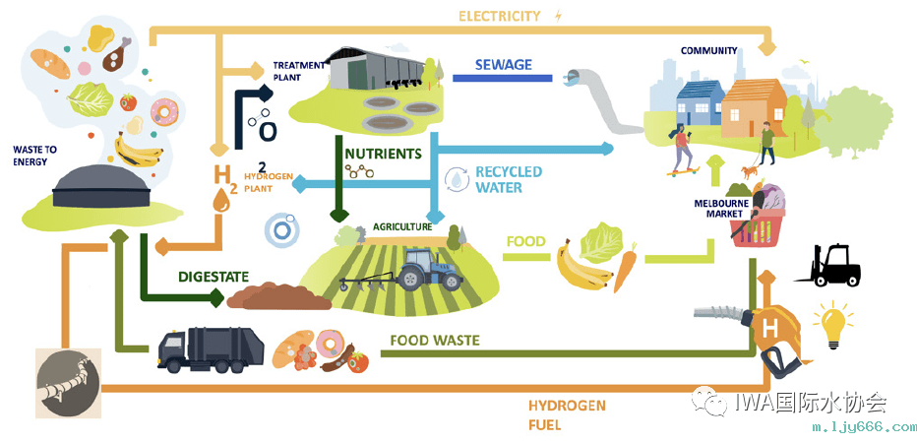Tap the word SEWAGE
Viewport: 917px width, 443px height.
(503, 65)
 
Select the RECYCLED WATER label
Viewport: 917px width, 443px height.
(508, 179)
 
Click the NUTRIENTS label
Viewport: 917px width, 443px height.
(383, 155)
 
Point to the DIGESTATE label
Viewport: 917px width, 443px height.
(214, 277)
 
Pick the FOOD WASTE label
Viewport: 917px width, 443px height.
(434, 341)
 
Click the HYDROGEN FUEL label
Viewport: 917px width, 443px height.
(566, 414)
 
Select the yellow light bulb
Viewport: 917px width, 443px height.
(831, 326)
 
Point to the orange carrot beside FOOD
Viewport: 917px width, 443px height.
(626, 269)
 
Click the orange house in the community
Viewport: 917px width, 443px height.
(755, 109)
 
